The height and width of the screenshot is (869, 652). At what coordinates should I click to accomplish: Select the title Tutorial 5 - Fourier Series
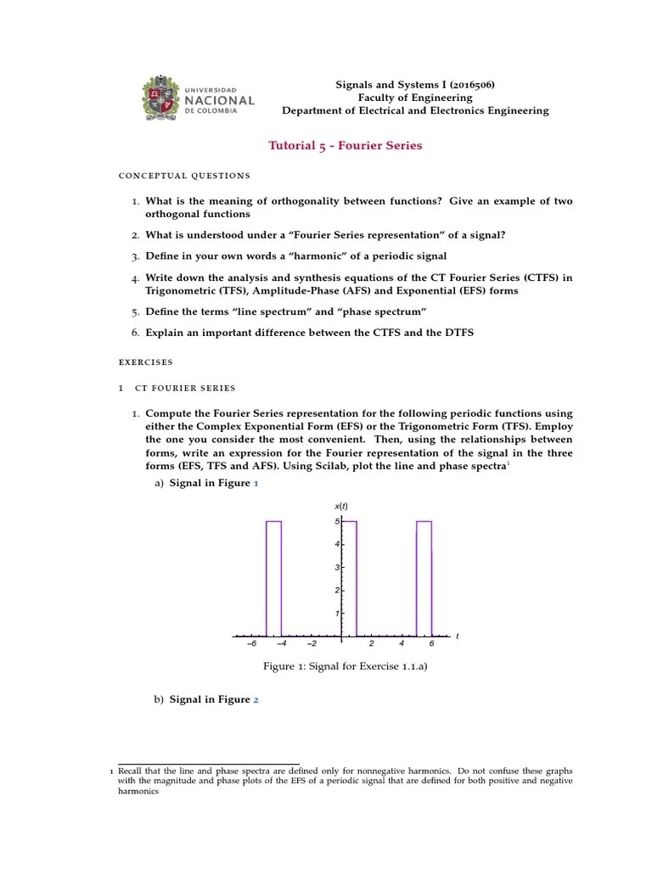(x=345, y=145)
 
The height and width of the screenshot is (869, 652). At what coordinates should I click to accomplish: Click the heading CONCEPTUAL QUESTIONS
(x=184, y=176)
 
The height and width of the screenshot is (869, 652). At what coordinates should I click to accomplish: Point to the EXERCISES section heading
(x=145, y=362)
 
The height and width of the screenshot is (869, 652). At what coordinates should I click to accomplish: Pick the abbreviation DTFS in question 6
(x=454, y=333)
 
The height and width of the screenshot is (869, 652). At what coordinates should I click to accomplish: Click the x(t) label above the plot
(x=341, y=507)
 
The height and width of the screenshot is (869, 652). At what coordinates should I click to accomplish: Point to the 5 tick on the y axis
(x=337, y=521)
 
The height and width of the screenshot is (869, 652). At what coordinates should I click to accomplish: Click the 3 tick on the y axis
(x=337, y=567)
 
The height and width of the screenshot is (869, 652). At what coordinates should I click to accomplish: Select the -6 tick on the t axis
(x=250, y=643)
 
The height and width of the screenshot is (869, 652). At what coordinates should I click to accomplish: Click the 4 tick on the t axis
(x=401, y=643)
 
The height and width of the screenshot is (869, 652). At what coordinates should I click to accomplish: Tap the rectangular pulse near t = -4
(x=273, y=577)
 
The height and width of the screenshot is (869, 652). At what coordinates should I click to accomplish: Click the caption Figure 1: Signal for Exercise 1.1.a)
(x=345, y=667)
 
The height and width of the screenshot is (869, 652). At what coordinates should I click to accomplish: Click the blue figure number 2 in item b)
(x=256, y=700)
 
